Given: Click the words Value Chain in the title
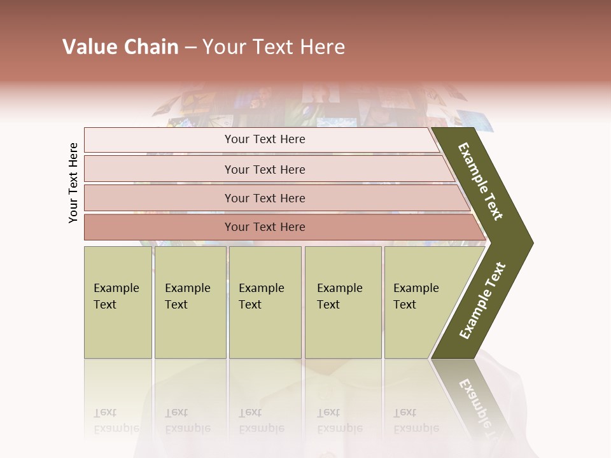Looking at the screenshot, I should pos(120,47).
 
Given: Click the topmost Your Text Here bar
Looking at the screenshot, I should pos(265,139).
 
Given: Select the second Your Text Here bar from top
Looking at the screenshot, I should pos(265,169).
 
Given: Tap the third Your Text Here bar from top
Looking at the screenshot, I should pos(265,198).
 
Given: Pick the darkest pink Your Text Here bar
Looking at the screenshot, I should pos(265,227).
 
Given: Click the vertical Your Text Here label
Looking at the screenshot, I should pos(73,183).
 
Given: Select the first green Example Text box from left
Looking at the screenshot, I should pos(118,302).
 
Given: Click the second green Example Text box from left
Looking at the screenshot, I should pos(190,302).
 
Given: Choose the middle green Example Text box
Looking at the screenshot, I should pos(265,302).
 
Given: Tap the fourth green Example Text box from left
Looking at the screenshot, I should pos(343,302).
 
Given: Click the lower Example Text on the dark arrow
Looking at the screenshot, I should pos(482,301).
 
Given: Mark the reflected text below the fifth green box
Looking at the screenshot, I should pos(415,420).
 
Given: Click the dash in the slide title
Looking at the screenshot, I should pos(190,47).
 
